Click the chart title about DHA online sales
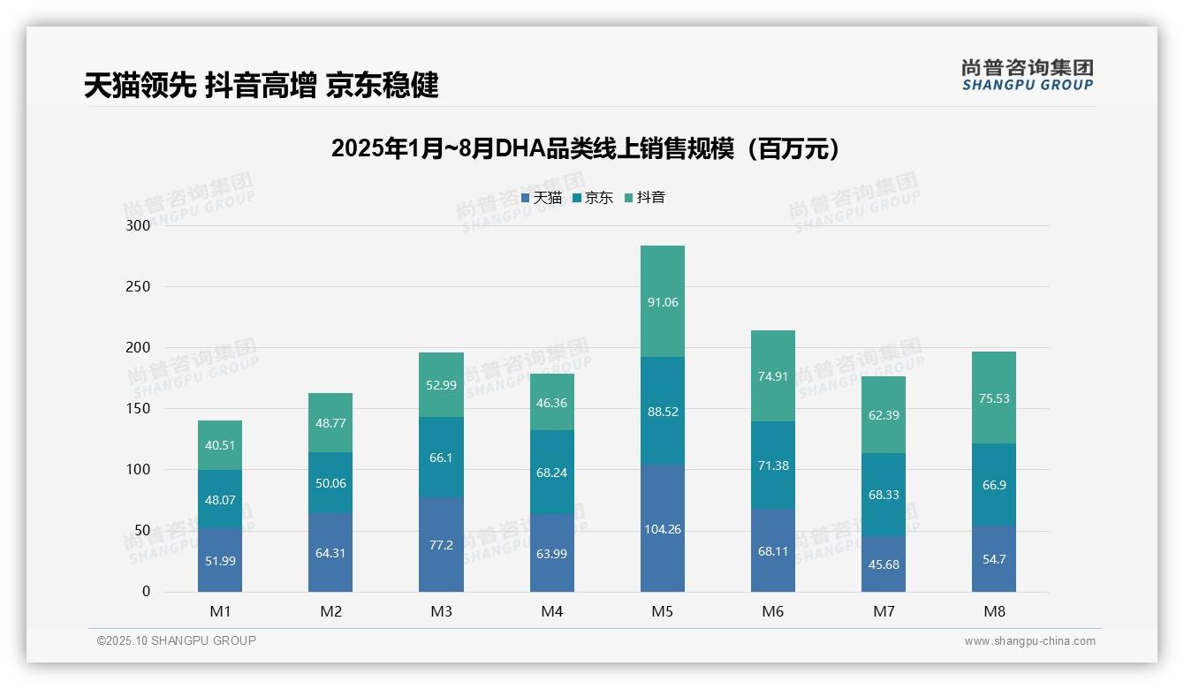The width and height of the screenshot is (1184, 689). tap(584, 148)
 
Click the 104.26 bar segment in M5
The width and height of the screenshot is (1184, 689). tap(663, 528)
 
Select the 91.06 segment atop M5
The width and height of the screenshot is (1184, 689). tap(663, 301)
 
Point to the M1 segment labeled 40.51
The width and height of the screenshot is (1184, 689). tap(220, 445)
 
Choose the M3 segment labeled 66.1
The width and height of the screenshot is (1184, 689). tap(441, 458)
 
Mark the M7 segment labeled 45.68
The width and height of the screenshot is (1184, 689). tap(884, 564)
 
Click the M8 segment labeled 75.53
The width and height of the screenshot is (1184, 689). tap(994, 397)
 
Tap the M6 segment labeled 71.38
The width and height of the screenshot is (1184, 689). tap(773, 466)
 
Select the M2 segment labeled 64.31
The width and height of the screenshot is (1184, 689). tap(330, 553)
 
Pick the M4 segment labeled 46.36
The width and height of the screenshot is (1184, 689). tap(552, 402)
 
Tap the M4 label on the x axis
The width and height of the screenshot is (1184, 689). tap(552, 611)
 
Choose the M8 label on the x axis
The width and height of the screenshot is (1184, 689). tap(994, 611)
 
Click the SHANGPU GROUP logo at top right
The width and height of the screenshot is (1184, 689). tap(1027, 75)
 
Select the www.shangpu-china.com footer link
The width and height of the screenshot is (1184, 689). tap(1029, 641)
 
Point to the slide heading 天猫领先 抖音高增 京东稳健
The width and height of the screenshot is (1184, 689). tap(262, 86)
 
